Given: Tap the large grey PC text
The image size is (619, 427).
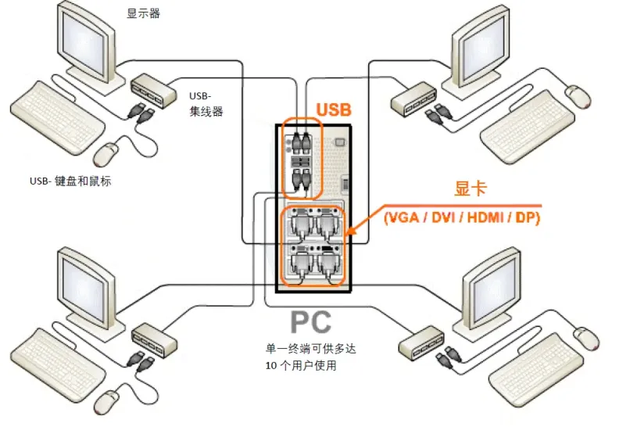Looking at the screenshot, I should (310, 321).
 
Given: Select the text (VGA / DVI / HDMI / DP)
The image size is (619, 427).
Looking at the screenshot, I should (461, 217).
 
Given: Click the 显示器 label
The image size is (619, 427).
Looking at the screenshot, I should (143, 13).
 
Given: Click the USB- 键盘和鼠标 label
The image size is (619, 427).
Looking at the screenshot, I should (70, 181).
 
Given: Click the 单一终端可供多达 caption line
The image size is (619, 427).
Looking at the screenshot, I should (315, 348).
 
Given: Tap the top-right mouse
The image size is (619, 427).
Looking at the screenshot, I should (578, 95).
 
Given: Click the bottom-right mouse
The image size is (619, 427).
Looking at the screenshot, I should (589, 337).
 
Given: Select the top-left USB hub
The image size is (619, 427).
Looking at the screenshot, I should (155, 88).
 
